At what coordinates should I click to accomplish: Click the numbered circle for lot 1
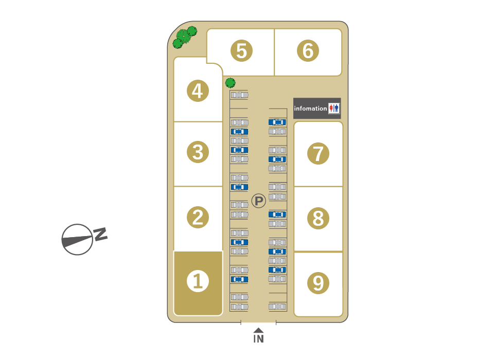[198, 281]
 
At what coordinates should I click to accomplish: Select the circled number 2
[198, 217]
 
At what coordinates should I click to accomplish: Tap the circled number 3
[198, 152]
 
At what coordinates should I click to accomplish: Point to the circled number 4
[198, 91]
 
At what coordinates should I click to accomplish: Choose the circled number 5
[241, 50]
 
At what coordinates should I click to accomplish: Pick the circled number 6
[308, 50]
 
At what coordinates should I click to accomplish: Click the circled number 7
[318, 153]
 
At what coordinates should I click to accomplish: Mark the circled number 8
[318, 218]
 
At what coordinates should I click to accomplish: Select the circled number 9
[318, 283]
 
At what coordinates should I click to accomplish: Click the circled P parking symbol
[259, 201]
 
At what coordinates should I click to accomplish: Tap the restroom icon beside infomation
[334, 109]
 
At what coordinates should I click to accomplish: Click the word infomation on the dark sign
[310, 109]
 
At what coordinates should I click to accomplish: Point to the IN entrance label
[258, 338]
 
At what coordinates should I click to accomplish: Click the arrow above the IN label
[258, 330]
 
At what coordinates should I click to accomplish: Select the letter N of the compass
[100, 234]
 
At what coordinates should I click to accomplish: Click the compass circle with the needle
[77, 239]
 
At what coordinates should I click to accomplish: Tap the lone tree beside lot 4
[231, 83]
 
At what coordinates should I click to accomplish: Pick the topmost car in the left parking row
[239, 95]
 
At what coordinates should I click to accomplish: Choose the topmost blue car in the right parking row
[277, 122]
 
